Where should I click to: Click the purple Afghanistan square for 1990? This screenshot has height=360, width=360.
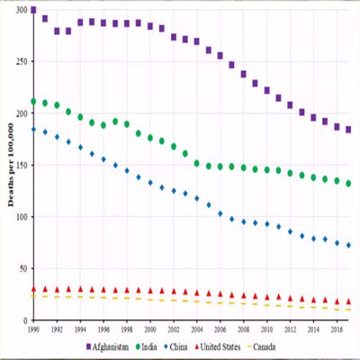click(x=33, y=11)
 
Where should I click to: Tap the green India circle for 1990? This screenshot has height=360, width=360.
click(x=33, y=102)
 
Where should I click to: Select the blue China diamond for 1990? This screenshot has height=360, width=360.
click(x=33, y=130)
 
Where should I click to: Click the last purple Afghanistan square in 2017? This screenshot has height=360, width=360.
click(x=348, y=130)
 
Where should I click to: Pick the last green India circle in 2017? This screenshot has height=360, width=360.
click(x=348, y=184)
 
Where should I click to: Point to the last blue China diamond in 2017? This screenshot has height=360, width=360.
click(x=348, y=246)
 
